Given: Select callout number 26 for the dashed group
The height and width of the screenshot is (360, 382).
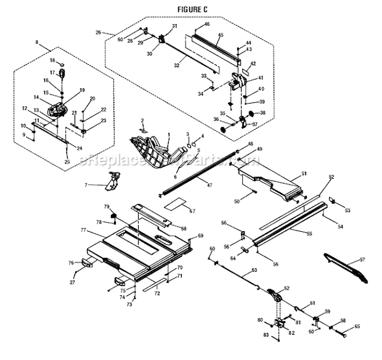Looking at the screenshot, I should tap(98, 32).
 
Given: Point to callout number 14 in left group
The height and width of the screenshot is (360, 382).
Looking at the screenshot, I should tap(37, 97).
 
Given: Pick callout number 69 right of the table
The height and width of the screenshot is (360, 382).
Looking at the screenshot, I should tap(200, 236).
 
